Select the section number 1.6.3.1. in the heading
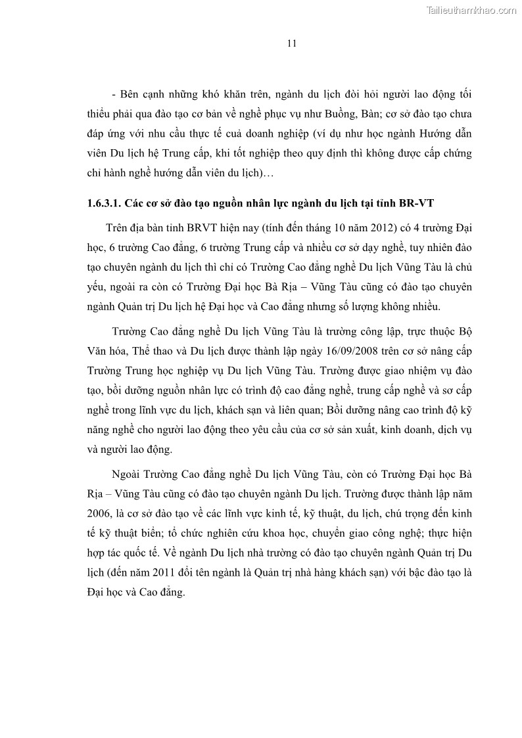coord(106,202)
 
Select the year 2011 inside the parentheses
coord(166,572)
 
